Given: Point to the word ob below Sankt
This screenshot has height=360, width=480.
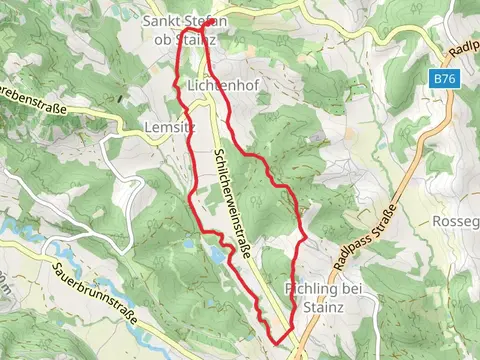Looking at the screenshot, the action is [x=158, y=40].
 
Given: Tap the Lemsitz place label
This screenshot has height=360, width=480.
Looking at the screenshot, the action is [x=165, y=127].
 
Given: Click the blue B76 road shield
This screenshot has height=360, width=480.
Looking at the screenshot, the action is [x=445, y=78].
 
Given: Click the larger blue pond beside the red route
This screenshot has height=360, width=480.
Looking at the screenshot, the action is [x=217, y=256].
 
